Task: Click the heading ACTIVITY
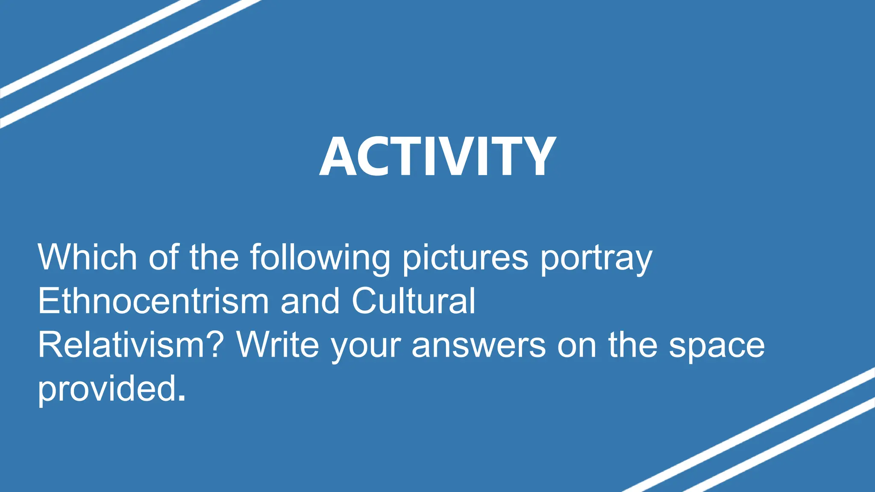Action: coord(437,156)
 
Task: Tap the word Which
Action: coord(87,257)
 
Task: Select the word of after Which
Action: coord(163,257)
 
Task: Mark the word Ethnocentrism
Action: coord(153,301)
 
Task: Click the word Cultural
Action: coord(413,301)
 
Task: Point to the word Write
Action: coord(278,345)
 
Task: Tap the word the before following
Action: coord(214,257)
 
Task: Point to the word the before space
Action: coord(633,345)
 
